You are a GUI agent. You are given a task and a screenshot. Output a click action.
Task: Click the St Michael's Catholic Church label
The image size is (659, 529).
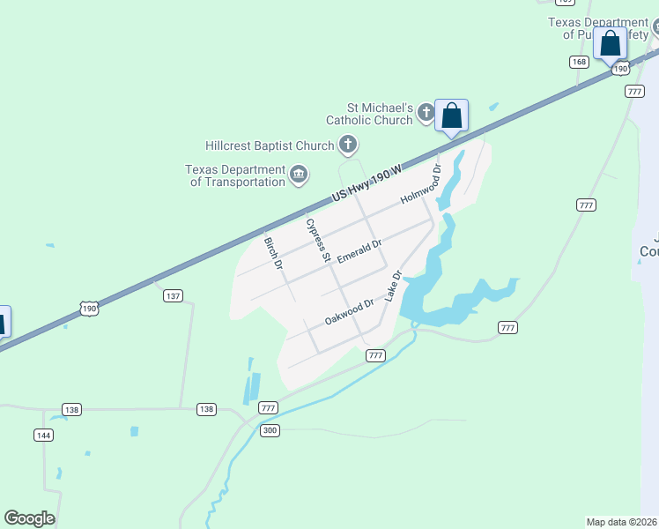pos(369,114)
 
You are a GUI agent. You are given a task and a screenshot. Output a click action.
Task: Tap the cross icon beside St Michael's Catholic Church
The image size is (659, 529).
pos(426,112)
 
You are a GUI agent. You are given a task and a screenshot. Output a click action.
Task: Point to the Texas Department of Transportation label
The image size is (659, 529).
pos(235,175)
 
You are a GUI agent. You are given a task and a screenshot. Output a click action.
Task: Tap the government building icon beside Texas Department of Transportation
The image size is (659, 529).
pos(299,175)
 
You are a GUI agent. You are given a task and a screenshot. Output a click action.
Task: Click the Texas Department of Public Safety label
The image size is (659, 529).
pos(598,28)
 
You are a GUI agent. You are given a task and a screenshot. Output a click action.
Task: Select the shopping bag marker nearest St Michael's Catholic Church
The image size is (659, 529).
pos(451,115)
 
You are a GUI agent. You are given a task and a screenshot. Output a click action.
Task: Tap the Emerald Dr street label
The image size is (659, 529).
pos(359,251)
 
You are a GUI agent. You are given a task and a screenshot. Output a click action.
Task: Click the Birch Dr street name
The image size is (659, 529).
pos(274,253)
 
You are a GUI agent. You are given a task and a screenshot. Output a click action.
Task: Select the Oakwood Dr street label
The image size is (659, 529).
pos(349,312)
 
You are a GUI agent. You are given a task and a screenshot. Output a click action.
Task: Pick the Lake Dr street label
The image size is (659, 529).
pos(393,287)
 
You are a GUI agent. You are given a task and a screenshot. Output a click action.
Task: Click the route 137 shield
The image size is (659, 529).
pos(173,296)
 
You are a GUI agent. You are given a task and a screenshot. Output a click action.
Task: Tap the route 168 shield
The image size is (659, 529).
pos(579,62)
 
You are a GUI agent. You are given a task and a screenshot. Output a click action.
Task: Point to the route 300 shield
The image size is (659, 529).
pos(270,429)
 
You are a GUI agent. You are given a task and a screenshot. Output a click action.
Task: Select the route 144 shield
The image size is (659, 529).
pos(43,435)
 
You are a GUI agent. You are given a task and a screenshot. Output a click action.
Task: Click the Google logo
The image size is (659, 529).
pos(29,518)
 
